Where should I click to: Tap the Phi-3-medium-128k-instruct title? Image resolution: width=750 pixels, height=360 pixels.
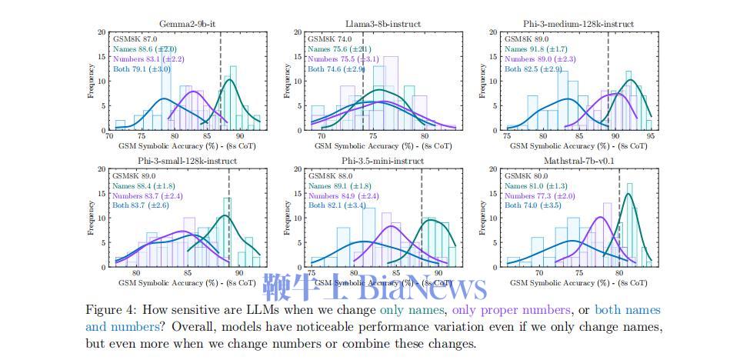pos(577,24)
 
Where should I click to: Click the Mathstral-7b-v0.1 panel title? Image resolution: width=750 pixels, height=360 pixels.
pos(577,161)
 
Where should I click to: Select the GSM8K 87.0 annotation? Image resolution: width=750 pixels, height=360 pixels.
pos(135,38)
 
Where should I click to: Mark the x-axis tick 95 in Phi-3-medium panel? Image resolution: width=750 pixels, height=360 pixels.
pos(650,135)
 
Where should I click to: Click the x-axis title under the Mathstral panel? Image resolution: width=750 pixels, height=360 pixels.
pos(576,283)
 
